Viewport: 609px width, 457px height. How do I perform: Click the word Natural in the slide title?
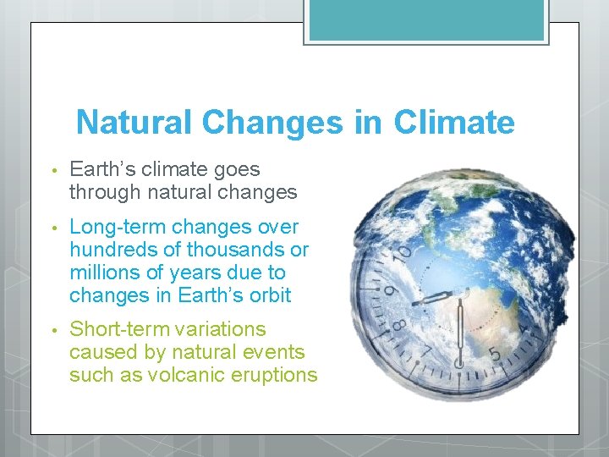coord(135,123)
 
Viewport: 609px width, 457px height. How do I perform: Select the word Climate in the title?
coord(453,123)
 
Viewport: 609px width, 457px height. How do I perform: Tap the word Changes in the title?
coord(272,123)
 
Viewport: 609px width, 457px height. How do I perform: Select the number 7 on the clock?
coord(425,351)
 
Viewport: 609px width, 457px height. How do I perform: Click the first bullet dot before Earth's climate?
coord(52,171)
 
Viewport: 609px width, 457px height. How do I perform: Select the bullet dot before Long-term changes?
coord(52,228)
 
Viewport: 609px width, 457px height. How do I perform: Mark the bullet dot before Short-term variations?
coord(52,330)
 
